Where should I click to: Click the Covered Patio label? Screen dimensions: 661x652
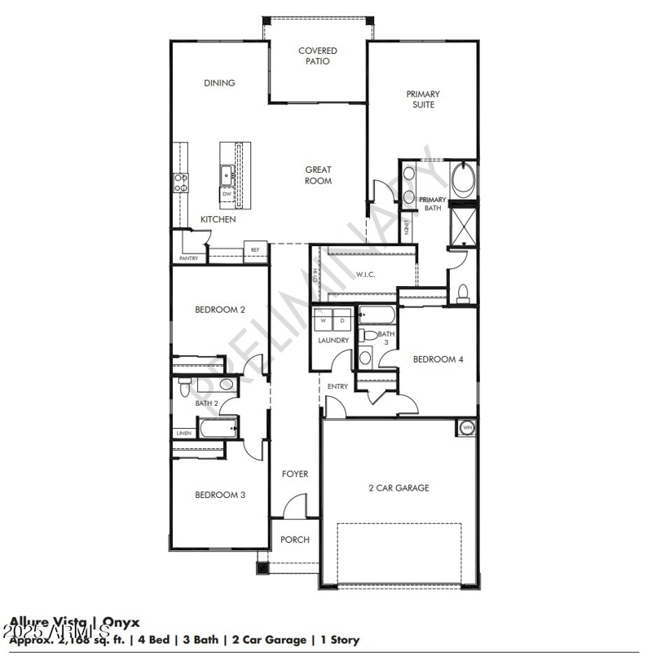(x=318, y=55)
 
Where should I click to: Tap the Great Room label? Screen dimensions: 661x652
(x=318, y=175)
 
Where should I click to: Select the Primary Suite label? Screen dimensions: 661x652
(x=423, y=99)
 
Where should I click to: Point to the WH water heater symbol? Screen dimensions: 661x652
(x=468, y=427)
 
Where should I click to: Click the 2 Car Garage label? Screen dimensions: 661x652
(x=399, y=488)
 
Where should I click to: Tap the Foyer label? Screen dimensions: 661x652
(x=294, y=474)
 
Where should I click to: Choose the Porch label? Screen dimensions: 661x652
(x=294, y=540)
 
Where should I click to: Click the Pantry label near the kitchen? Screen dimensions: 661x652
(x=188, y=258)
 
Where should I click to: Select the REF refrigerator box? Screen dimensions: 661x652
(x=255, y=250)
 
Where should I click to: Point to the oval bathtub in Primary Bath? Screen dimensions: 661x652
(x=464, y=180)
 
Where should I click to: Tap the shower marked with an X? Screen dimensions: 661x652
(x=465, y=227)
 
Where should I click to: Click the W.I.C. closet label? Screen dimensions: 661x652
(x=364, y=275)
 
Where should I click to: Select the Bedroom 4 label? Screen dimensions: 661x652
(x=438, y=359)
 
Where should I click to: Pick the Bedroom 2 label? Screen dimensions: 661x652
(x=220, y=310)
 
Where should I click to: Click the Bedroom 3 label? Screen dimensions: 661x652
(x=220, y=495)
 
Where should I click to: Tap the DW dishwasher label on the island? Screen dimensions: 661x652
(x=227, y=194)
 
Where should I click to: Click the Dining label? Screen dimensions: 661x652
(x=219, y=82)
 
